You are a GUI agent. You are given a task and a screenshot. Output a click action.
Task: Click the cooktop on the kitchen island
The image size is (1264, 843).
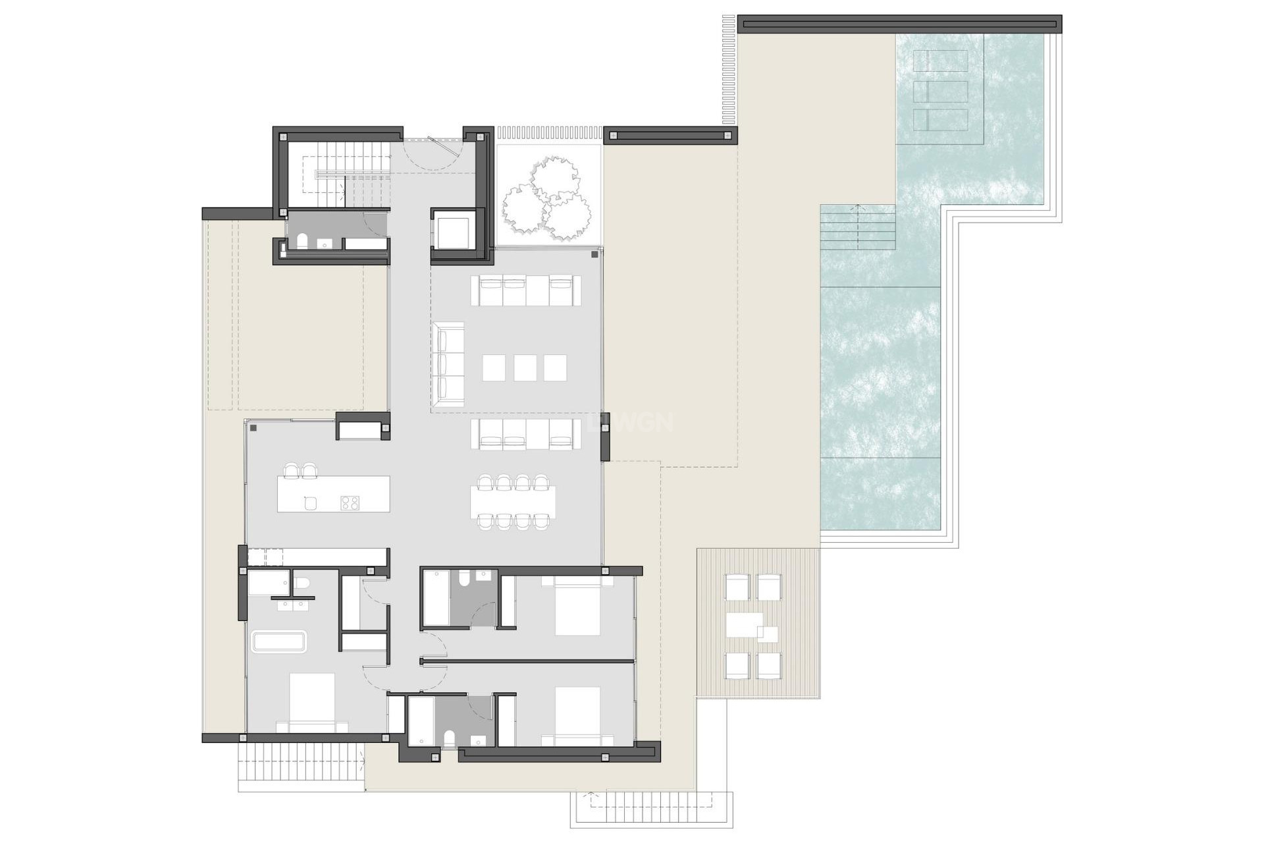349,503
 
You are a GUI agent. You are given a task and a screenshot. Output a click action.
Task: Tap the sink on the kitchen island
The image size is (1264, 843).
311,503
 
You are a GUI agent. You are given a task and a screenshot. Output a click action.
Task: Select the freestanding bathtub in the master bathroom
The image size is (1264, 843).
279,642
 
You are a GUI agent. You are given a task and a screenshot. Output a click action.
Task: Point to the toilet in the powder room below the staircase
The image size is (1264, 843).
302,242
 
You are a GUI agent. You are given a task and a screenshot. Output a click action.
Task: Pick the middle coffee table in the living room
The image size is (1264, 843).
525,367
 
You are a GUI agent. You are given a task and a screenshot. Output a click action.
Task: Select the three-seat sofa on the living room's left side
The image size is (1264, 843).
448,364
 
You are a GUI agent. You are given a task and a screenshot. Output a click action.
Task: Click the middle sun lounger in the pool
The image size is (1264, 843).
941,91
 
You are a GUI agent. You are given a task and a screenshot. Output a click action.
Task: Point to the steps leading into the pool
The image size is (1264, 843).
858,227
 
